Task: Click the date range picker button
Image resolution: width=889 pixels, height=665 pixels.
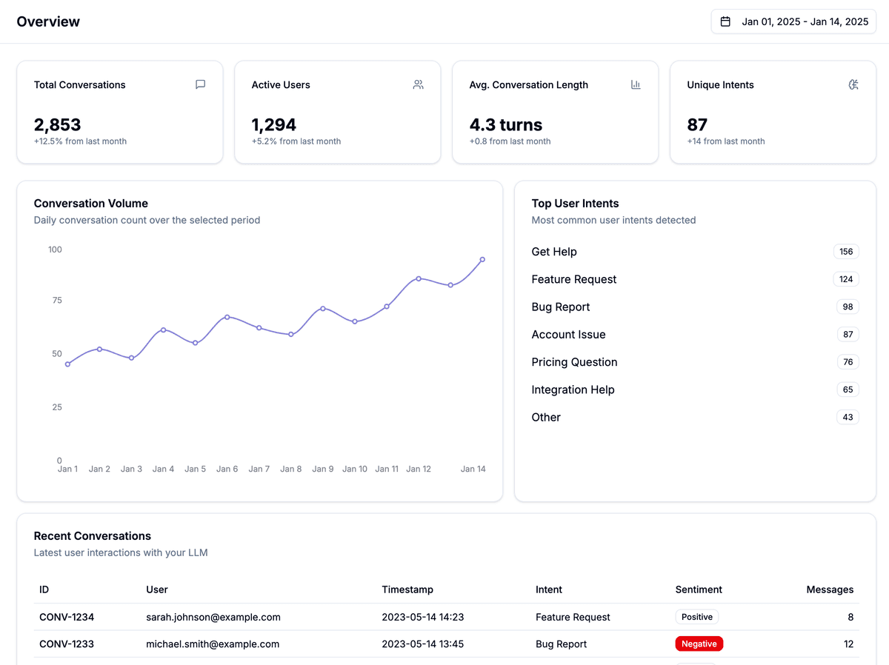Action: pyautogui.click(x=793, y=21)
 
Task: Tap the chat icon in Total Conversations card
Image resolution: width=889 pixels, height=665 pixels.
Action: pyautogui.click(x=200, y=84)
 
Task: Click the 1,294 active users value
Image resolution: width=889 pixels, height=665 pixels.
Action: pyautogui.click(x=273, y=124)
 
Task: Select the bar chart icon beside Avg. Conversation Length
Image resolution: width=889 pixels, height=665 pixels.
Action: pyautogui.click(x=636, y=84)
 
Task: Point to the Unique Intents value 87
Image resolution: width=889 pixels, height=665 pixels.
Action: pyautogui.click(x=697, y=124)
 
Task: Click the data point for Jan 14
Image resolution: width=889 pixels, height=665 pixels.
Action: pyautogui.click(x=482, y=259)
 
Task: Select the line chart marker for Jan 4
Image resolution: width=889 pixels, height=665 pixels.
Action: pyautogui.click(x=163, y=330)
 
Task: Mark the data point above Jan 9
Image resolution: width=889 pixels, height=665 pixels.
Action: pyautogui.click(x=323, y=308)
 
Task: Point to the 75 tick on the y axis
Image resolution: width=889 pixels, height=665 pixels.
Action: pyautogui.click(x=56, y=300)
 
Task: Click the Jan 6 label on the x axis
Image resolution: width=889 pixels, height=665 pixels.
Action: pyautogui.click(x=227, y=469)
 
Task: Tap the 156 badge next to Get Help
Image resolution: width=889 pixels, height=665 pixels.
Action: pyautogui.click(x=846, y=252)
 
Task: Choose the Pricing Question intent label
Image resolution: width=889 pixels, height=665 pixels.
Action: pyautogui.click(x=574, y=362)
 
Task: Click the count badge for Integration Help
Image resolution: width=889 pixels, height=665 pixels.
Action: pyautogui.click(x=848, y=390)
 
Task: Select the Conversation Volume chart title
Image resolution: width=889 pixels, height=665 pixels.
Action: pyautogui.click(x=91, y=203)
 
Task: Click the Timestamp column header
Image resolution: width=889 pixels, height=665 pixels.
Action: pyautogui.click(x=407, y=589)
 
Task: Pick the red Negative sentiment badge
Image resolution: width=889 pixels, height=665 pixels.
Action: pyautogui.click(x=699, y=644)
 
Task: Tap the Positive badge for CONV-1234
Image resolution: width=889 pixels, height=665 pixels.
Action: pyautogui.click(x=696, y=617)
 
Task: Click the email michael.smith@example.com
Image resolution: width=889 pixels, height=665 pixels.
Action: pyautogui.click(x=213, y=644)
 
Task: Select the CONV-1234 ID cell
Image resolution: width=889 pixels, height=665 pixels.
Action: pyautogui.click(x=67, y=617)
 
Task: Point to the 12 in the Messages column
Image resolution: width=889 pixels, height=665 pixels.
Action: pyautogui.click(x=848, y=644)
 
